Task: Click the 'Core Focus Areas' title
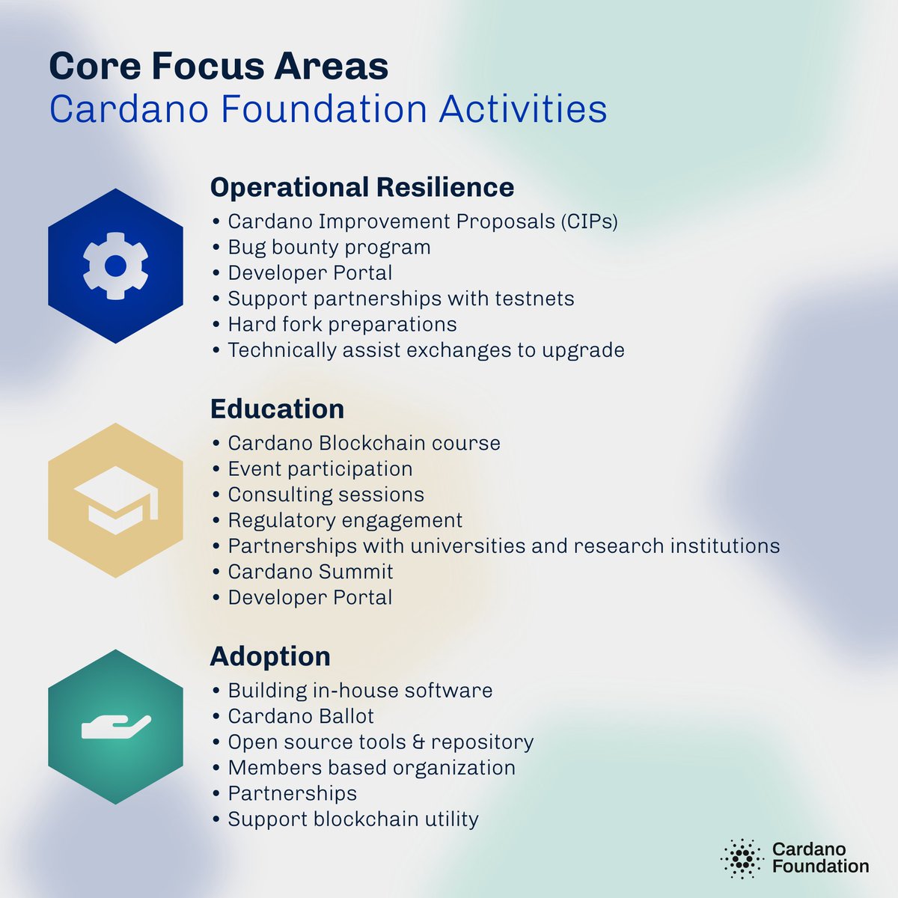click(x=219, y=67)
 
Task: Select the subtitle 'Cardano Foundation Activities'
click(x=328, y=109)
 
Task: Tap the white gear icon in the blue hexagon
click(x=115, y=266)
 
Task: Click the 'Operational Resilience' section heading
click(x=361, y=187)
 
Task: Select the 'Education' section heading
click(x=277, y=409)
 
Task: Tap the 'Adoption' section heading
click(x=270, y=656)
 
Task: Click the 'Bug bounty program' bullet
click(x=329, y=248)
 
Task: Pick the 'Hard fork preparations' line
click(x=342, y=325)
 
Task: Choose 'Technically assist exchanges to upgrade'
click(x=426, y=350)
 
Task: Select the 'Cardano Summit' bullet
click(x=310, y=572)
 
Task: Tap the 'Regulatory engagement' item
click(x=345, y=520)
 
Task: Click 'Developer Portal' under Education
click(x=310, y=598)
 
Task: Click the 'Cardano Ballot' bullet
click(x=300, y=717)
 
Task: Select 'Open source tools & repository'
click(x=380, y=742)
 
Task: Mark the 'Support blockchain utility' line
click(x=352, y=819)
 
